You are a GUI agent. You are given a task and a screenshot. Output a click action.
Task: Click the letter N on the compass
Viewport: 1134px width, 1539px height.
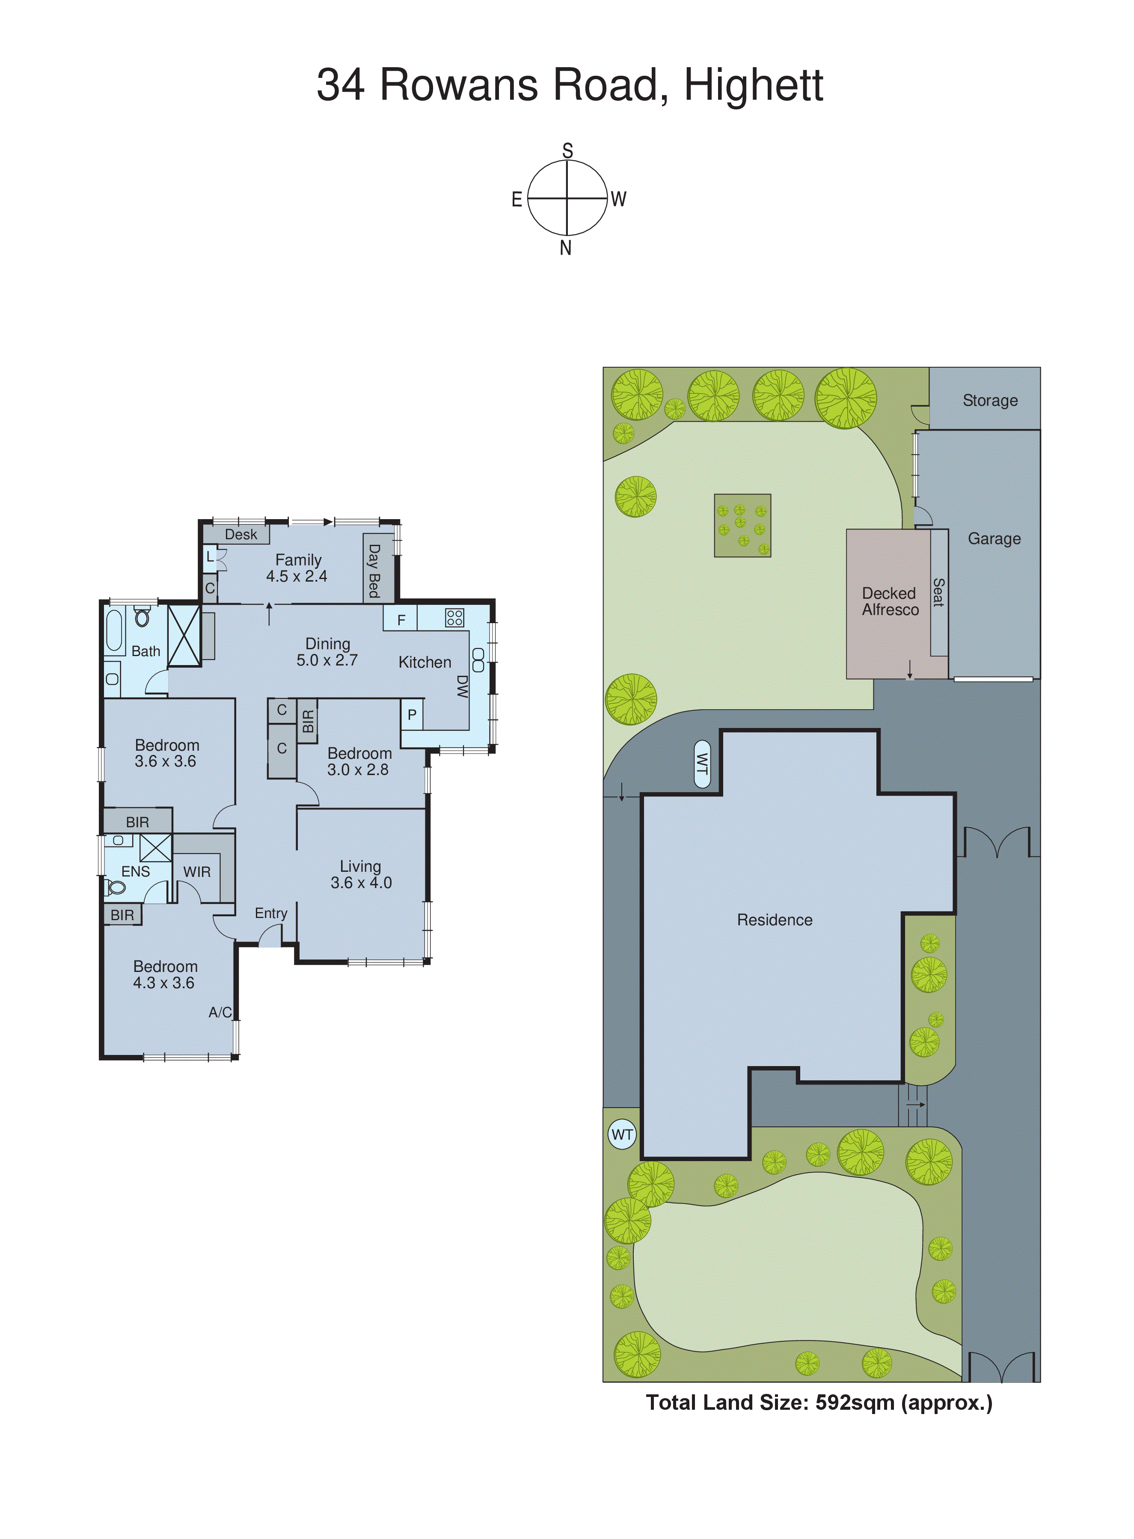tap(566, 249)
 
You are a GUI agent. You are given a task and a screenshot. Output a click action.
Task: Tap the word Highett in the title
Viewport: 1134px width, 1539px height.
tap(753, 85)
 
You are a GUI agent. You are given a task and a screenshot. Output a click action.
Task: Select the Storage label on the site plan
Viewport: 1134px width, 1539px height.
tap(990, 400)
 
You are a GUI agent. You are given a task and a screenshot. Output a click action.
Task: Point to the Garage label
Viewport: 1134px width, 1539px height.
tap(994, 539)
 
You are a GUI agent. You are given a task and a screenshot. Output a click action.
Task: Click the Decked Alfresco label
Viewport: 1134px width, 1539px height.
tap(890, 601)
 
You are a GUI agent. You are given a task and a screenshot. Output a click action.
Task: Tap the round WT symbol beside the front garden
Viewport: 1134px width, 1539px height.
tap(622, 1135)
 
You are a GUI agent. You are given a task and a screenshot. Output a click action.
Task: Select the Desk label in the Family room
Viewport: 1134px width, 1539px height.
tap(241, 534)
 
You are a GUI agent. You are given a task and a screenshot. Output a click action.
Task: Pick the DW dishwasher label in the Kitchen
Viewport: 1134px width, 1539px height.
tap(463, 686)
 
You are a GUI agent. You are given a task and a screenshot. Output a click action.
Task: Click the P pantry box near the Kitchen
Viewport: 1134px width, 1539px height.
tap(412, 715)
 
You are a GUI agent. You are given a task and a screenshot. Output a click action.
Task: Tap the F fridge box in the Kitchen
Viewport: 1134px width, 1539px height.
tap(401, 620)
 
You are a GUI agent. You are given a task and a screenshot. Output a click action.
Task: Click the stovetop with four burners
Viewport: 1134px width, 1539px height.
tap(454, 617)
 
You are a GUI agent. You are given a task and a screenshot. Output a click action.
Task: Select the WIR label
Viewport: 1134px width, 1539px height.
tap(197, 872)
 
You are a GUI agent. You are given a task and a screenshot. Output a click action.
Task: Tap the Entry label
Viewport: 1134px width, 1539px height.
tap(271, 913)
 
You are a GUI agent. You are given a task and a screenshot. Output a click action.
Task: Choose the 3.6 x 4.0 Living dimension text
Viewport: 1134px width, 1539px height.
tap(361, 883)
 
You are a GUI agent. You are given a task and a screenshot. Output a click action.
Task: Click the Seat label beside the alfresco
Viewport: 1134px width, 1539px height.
tap(938, 592)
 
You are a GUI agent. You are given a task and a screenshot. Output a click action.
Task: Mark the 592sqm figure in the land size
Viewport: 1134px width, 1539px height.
tap(855, 1402)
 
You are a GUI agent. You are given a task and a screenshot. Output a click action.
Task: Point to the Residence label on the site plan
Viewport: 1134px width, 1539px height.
tap(774, 920)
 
